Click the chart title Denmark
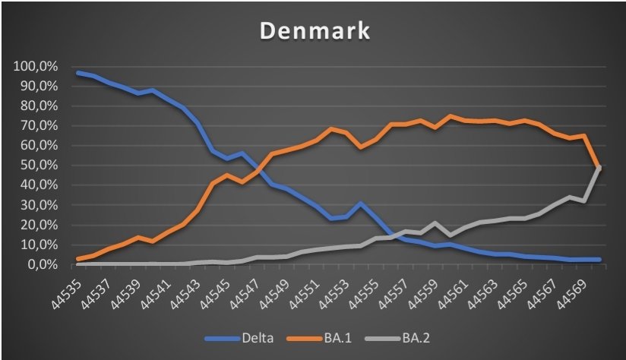coord(312,32)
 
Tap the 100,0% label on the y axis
coord(34,67)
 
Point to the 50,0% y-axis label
coord(36,166)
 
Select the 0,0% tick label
coord(40,265)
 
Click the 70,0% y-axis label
coord(36,126)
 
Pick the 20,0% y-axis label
coord(36,226)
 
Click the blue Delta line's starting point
coord(78,73)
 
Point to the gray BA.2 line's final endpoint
coord(599,168)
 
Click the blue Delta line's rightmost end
coord(599,260)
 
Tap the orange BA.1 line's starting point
coord(78,259)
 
